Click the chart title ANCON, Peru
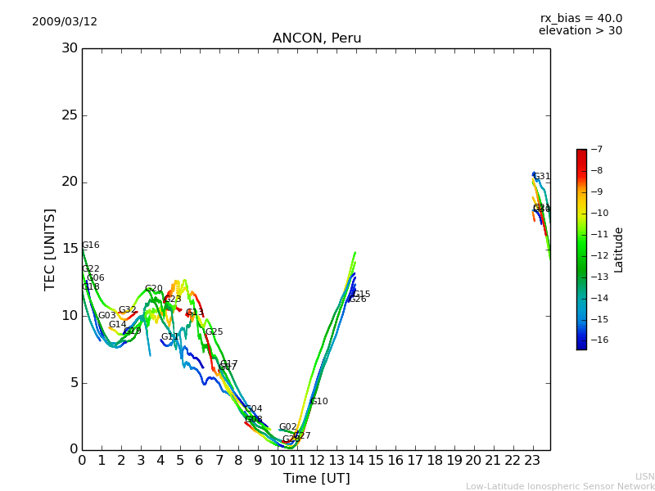(317, 38)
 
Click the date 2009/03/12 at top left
(65, 22)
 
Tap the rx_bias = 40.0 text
(580, 19)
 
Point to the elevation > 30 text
(580, 31)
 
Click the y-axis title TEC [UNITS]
(50, 249)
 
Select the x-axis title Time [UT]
(316, 479)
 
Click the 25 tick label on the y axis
(70, 115)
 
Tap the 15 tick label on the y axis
(70, 249)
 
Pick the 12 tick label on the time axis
(317, 460)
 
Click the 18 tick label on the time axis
(434, 460)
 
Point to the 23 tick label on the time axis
(532, 460)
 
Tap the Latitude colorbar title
(619, 250)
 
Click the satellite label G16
(90, 245)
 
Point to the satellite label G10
(318, 402)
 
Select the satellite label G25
(214, 332)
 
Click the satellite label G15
(361, 295)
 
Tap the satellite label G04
(254, 409)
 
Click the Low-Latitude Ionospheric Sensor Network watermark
(560, 487)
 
